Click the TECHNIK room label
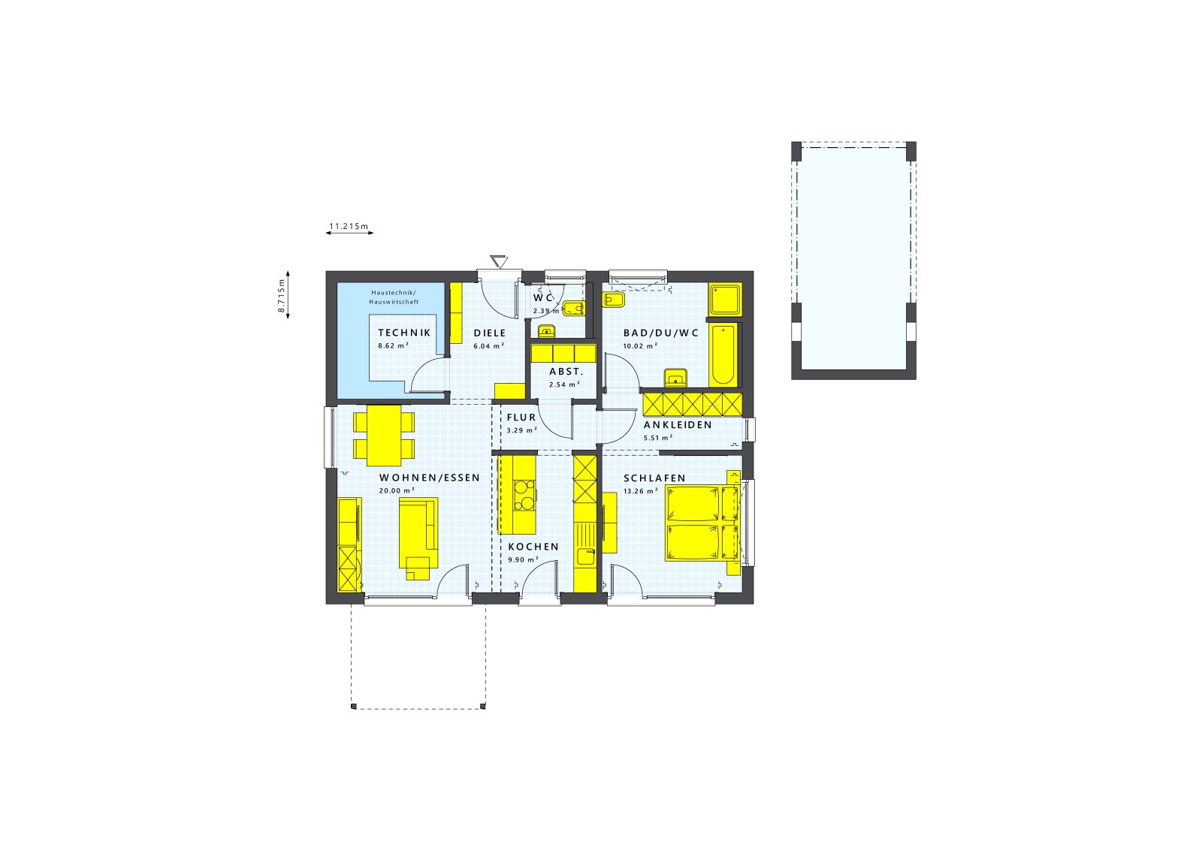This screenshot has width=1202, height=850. tap(404, 333)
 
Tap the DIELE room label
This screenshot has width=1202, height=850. tap(489, 333)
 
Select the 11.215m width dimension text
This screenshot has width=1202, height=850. tap(349, 225)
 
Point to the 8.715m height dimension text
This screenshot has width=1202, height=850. tap(281, 295)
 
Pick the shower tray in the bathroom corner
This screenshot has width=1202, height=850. tap(725, 300)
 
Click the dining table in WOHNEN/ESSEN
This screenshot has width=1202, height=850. tap(384, 436)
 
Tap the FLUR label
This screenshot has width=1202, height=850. tap(521, 417)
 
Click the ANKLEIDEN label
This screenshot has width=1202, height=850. tap(678, 425)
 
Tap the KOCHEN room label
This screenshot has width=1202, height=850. tap(533, 547)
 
